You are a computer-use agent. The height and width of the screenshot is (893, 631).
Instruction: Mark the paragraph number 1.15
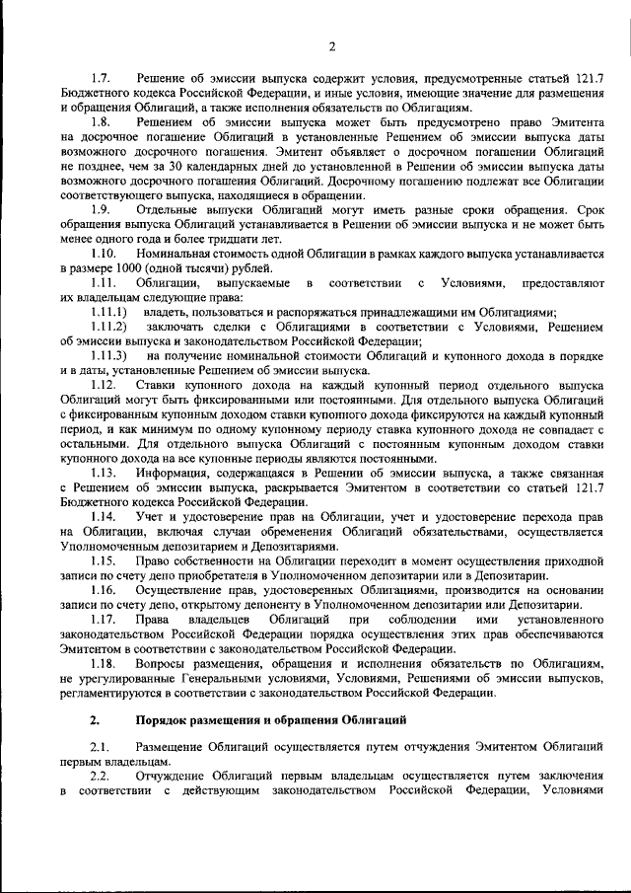tap(104, 560)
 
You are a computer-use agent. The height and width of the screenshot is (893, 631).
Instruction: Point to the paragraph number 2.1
tap(101, 747)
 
